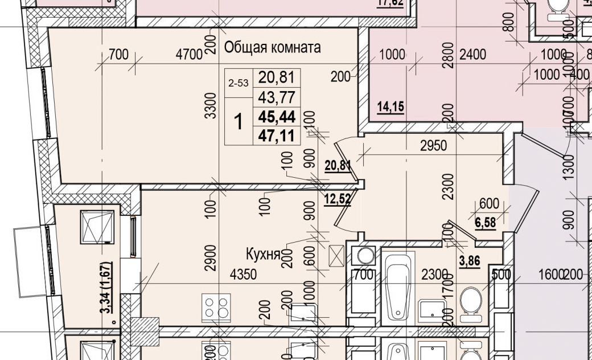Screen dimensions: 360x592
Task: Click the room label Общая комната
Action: click(272, 47)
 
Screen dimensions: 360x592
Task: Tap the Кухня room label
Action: click(262, 253)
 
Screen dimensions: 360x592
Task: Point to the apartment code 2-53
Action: click(239, 83)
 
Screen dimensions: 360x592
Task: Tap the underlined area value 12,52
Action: click(337, 199)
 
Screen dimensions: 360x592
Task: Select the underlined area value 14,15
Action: click(390, 107)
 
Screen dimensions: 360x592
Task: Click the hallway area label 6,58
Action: click(486, 222)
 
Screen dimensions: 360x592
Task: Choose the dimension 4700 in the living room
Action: click(190, 55)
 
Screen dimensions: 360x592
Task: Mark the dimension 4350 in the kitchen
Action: click(243, 275)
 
